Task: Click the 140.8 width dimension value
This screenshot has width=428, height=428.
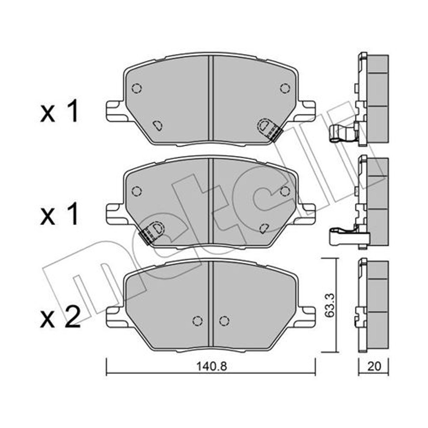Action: coord(212,366)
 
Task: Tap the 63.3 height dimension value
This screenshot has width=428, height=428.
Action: coord(330,305)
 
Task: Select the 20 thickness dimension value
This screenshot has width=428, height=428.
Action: coord(374,366)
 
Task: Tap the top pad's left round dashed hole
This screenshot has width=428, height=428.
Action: coord(136,88)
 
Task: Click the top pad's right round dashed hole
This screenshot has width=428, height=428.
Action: coord(285,88)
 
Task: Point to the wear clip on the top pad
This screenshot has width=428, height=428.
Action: coord(270,129)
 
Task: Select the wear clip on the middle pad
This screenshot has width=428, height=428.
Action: coord(152,232)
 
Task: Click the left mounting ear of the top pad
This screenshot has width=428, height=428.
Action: coord(115,111)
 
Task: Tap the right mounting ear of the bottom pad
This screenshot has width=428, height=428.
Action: coord(307,317)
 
